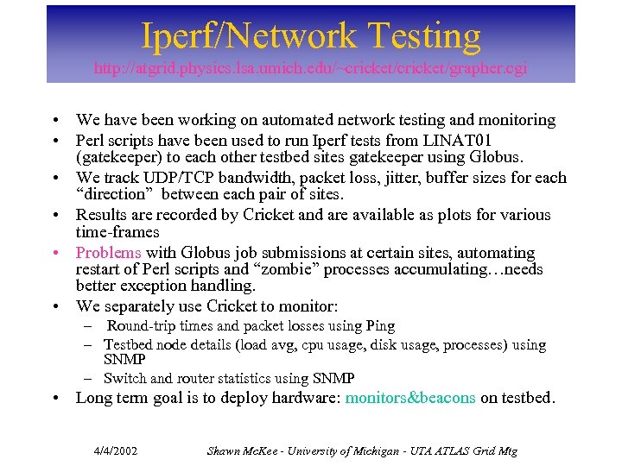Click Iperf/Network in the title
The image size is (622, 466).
(x=248, y=36)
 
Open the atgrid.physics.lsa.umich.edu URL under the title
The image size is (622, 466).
(x=310, y=67)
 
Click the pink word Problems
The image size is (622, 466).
(x=108, y=253)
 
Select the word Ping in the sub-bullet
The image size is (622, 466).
(x=381, y=325)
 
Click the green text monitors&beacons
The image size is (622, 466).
(x=409, y=398)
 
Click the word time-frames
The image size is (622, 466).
(x=117, y=232)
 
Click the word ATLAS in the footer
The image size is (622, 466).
(x=447, y=450)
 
